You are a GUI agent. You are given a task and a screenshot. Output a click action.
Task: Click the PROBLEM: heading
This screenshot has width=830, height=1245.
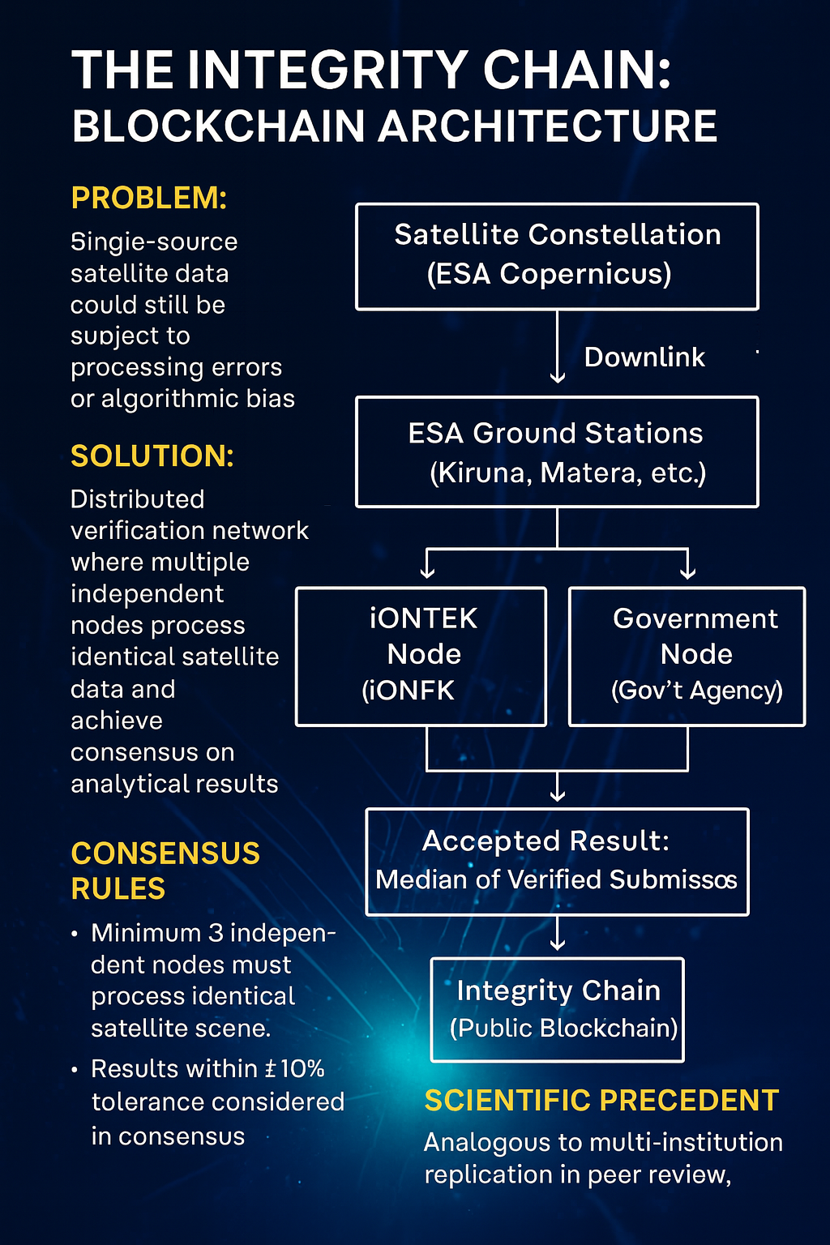[149, 198]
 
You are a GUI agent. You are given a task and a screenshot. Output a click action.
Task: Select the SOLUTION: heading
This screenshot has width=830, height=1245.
[152, 456]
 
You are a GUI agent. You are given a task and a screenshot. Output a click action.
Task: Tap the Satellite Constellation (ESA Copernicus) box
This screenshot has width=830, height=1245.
[557, 256]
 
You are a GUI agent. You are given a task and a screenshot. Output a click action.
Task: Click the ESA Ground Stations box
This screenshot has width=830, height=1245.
[557, 452]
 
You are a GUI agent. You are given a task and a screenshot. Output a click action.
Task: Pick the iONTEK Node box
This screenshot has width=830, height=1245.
[421, 656]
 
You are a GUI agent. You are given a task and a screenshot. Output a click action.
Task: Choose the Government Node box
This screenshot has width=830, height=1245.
[687, 656]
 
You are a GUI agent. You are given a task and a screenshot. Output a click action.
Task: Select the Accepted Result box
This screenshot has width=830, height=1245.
[557, 862]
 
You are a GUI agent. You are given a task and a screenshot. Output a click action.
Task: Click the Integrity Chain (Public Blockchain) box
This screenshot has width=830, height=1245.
[557, 1009]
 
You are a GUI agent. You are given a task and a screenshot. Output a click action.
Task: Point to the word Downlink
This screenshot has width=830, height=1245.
[644, 357]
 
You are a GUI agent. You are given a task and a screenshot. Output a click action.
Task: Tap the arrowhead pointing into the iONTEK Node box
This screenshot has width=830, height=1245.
[427, 571]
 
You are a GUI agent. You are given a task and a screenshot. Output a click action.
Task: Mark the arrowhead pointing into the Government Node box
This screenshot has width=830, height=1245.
[687, 571]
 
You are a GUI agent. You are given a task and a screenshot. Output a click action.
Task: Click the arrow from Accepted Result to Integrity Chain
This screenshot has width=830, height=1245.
[557, 935]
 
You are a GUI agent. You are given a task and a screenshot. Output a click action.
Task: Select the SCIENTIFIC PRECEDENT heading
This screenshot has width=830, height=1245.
[601, 1101]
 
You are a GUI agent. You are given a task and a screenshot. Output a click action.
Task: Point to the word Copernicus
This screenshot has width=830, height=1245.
[585, 274]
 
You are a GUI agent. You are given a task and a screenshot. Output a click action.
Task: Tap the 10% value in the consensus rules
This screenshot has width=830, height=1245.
[302, 1069]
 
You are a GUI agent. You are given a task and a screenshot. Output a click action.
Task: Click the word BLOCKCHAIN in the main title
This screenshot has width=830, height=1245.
[219, 127]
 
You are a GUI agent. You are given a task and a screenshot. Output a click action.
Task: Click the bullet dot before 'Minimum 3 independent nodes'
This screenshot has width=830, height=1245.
[75, 935]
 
